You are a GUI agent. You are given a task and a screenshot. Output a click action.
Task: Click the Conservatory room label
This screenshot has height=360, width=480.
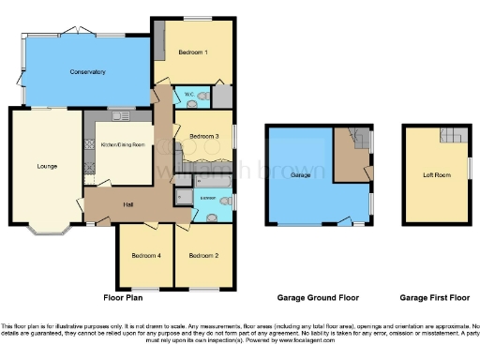coord(86,71)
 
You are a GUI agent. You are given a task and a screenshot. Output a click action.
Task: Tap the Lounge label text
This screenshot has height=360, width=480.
coord(47,167)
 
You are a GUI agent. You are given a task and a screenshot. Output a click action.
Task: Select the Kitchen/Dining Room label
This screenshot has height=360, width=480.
coord(122,145)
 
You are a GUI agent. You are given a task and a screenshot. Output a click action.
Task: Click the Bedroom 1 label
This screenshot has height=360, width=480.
coord(192,52)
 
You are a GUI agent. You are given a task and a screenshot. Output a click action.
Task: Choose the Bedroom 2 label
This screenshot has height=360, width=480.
coord(202,255)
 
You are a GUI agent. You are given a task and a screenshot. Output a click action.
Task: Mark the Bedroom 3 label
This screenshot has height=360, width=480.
coord(203,137)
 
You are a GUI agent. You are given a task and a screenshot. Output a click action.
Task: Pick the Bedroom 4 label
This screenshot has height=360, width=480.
coord(145,255)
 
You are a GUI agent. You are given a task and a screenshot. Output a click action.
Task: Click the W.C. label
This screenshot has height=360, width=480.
coord(188,94)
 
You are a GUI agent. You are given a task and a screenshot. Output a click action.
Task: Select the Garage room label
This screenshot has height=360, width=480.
coord(301,175)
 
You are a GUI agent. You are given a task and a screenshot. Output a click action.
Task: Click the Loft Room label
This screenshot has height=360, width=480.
coord(435,174)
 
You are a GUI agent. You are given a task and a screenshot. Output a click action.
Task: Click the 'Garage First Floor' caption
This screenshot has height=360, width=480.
coord(434,297)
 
